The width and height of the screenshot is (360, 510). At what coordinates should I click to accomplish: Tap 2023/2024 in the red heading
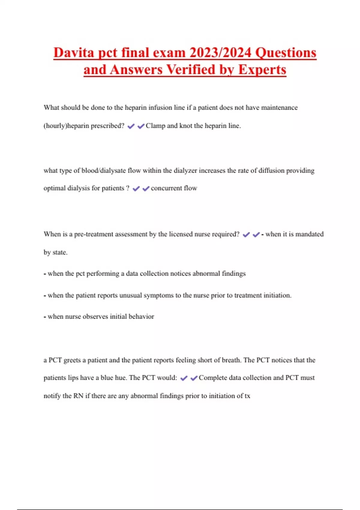click(x=220, y=53)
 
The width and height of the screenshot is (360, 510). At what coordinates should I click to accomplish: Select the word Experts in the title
click(x=262, y=70)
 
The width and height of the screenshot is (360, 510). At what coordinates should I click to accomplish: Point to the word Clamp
click(x=155, y=126)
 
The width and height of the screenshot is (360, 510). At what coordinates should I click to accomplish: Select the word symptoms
click(x=158, y=295)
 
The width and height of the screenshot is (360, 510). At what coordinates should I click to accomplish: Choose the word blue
click(x=107, y=378)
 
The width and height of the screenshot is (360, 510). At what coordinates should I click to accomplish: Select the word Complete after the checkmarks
click(x=213, y=378)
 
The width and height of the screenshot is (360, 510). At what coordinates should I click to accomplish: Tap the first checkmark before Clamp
click(x=131, y=126)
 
